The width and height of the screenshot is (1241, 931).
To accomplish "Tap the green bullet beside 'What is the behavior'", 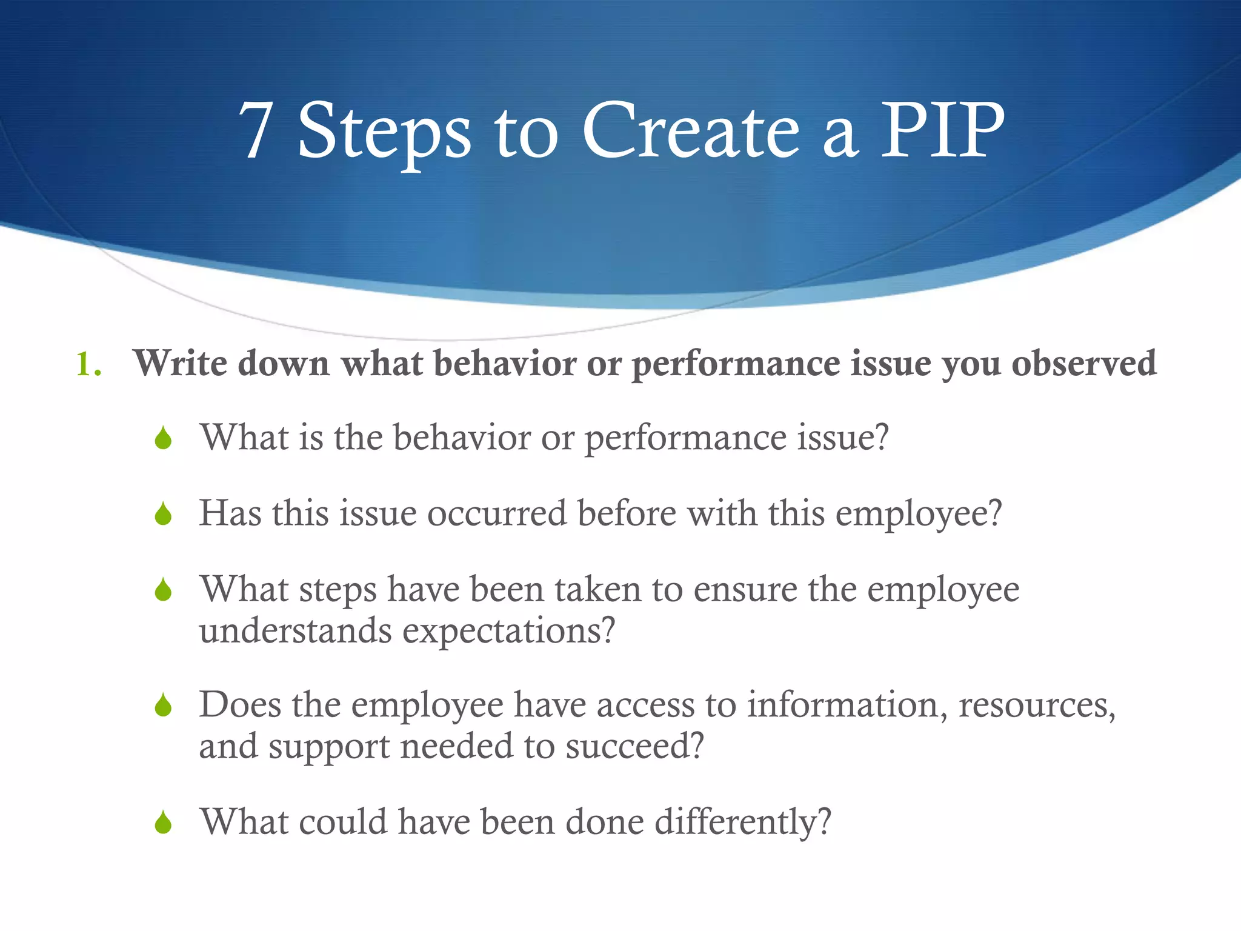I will [163, 438].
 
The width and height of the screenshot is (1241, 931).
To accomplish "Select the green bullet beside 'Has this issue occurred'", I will [163, 515].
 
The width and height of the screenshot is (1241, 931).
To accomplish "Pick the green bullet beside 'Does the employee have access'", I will [163, 706].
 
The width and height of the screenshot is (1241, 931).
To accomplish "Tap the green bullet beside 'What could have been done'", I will [163, 823].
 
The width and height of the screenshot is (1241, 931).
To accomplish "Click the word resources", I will [1037, 705].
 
